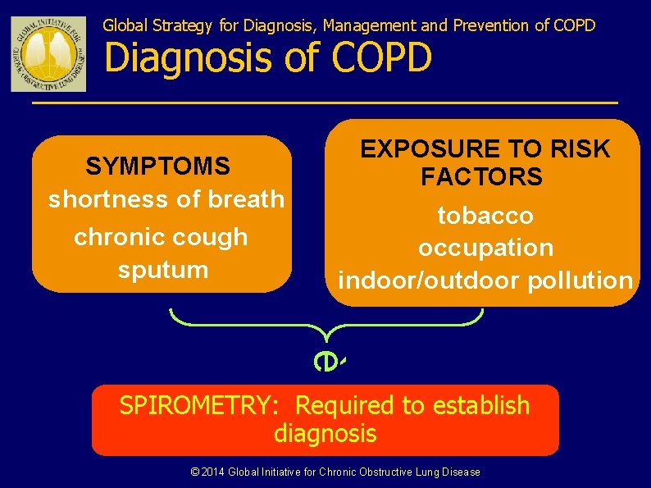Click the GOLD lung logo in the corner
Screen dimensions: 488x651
(x=48, y=54)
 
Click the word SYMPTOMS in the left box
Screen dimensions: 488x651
(x=157, y=166)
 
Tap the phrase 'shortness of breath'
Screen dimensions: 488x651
(x=166, y=199)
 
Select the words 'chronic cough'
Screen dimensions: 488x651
(x=161, y=237)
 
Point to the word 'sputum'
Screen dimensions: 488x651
(x=162, y=270)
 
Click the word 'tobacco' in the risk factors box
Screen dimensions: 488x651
(x=485, y=216)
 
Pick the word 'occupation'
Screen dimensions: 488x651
(x=485, y=248)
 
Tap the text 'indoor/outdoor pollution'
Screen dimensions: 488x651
(x=485, y=280)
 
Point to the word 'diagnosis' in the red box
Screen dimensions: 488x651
(x=325, y=433)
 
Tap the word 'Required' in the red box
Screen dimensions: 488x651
(x=345, y=405)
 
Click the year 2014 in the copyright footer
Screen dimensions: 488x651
(x=213, y=472)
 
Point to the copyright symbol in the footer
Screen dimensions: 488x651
(x=194, y=472)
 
